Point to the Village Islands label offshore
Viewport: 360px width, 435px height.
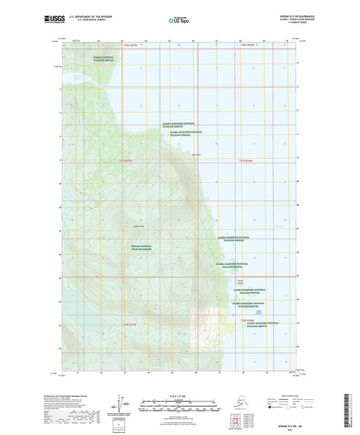(x=241, y=282)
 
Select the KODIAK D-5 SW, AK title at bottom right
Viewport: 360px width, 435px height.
(x=306, y=423)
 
